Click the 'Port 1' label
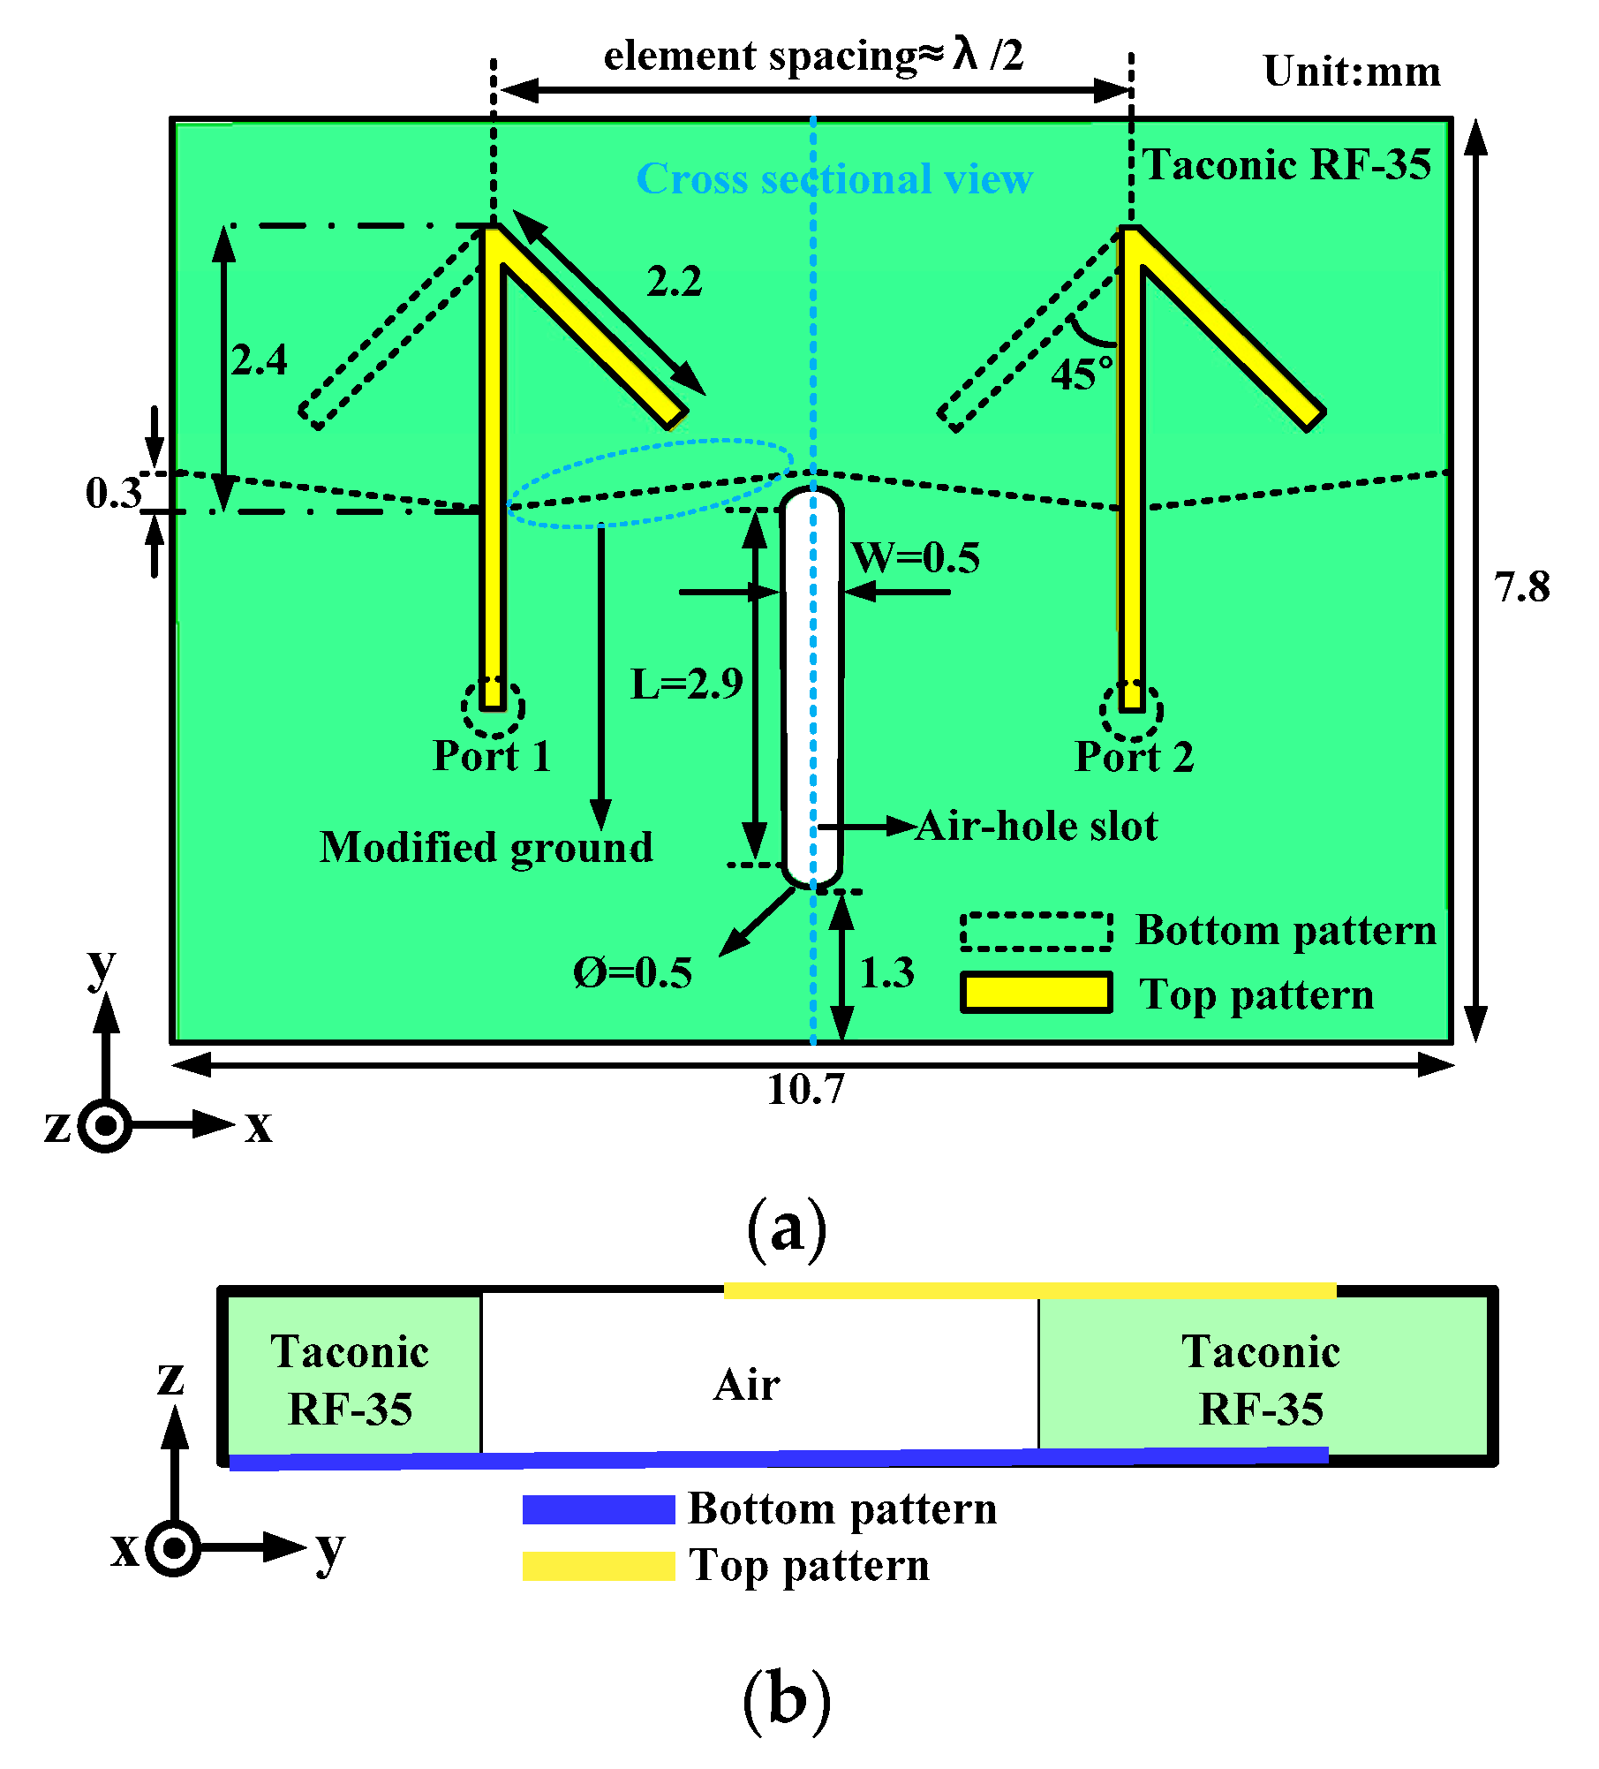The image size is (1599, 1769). [492, 756]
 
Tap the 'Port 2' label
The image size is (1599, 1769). [1134, 757]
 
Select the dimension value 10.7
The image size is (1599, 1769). [805, 1089]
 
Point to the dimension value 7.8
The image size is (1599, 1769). [1521, 587]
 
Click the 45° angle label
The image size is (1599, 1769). [1081, 374]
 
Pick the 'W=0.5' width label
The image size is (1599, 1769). [916, 558]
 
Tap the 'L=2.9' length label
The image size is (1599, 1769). [686, 684]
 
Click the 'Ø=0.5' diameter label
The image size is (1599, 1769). [632, 973]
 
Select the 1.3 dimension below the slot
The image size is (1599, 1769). [886, 973]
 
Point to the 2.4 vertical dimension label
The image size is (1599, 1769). [259, 360]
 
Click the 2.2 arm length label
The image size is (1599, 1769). [675, 282]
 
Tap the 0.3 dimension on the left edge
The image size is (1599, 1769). [113, 493]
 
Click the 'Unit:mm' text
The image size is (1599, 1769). [1352, 72]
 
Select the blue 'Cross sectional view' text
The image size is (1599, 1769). [833, 179]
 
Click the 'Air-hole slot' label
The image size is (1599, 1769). [1037, 827]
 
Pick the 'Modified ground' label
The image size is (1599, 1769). [486, 848]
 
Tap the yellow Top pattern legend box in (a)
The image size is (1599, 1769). [1036, 993]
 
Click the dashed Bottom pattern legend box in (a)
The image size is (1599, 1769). [1036, 932]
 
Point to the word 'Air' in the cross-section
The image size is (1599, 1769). [747, 1385]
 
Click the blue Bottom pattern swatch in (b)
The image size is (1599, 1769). [599, 1509]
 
